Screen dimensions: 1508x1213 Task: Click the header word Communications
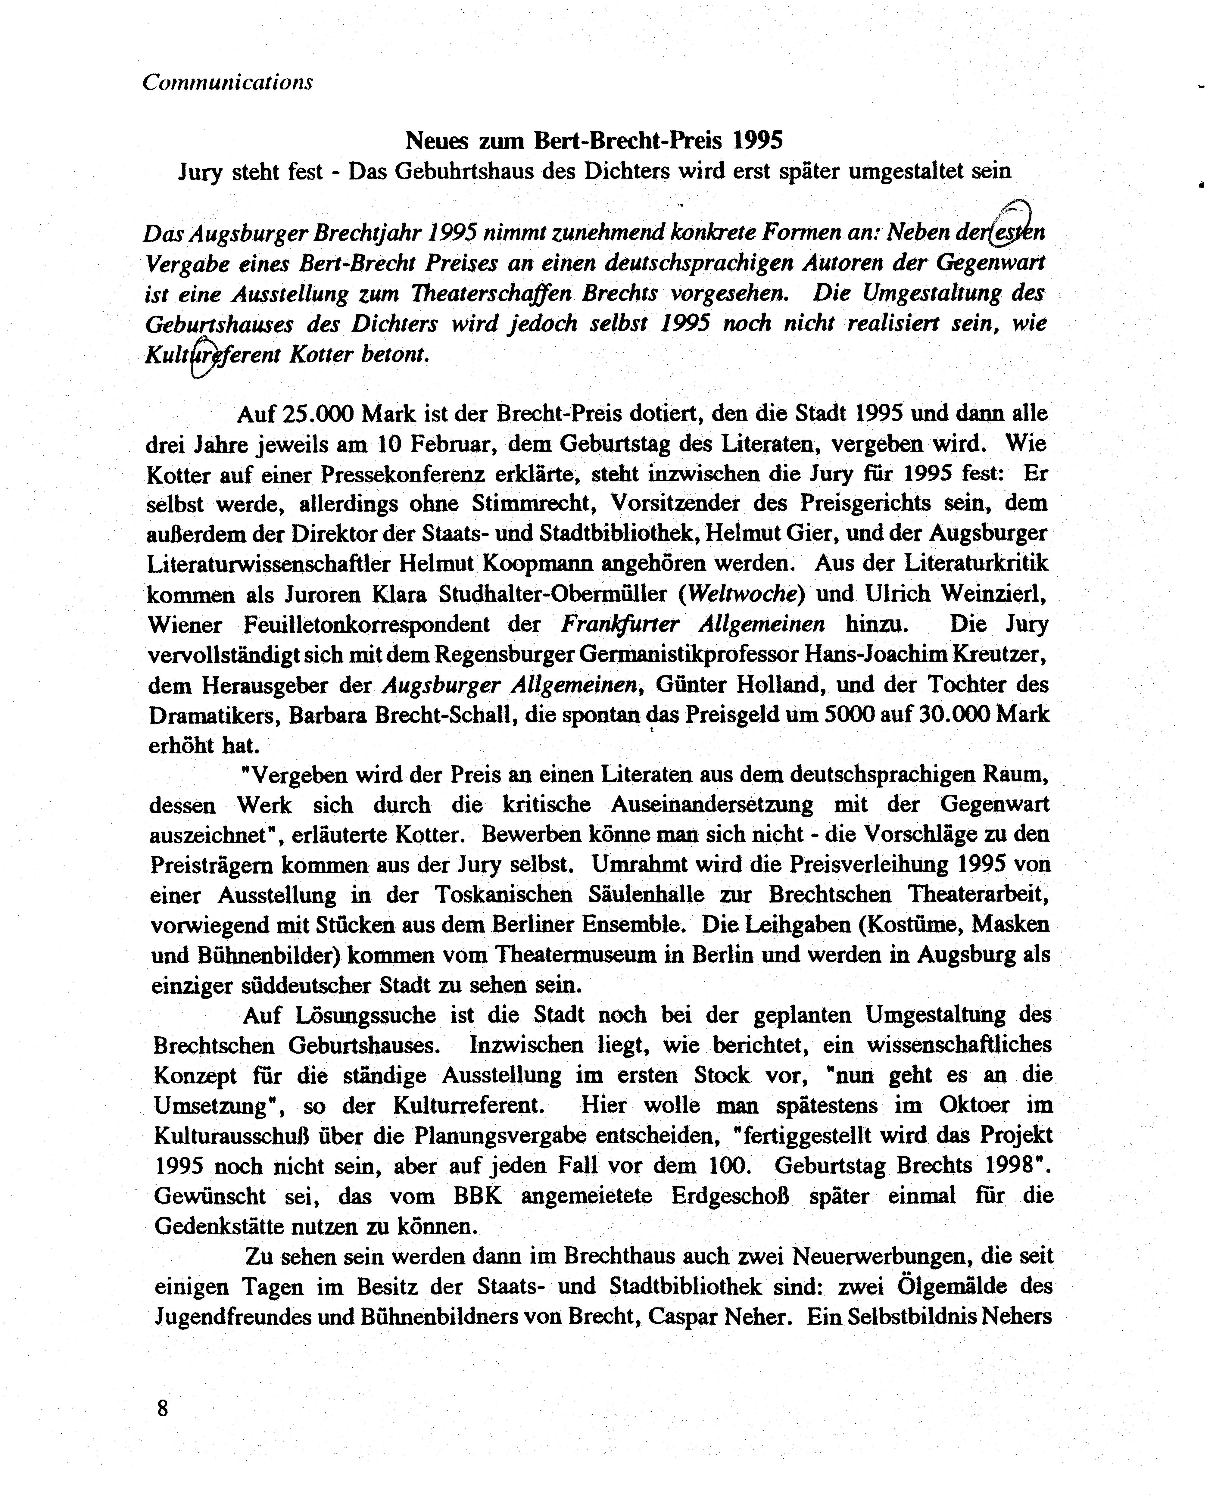227,82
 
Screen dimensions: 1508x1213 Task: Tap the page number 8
163,1407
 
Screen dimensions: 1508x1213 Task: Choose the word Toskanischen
504,895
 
